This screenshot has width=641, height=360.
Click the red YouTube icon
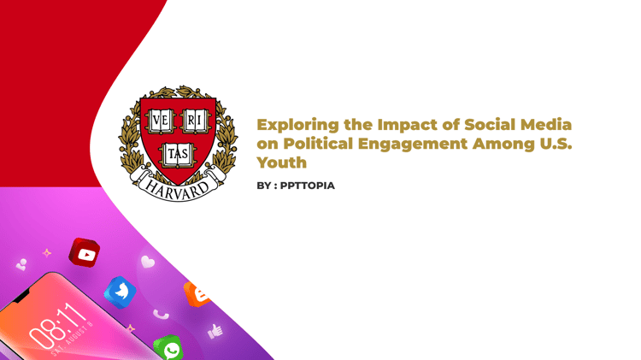(x=85, y=253)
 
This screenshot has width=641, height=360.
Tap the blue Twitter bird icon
(x=121, y=292)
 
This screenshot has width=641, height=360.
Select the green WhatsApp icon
(x=168, y=348)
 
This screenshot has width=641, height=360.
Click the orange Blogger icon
(x=197, y=293)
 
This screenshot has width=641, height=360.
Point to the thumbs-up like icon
(x=215, y=331)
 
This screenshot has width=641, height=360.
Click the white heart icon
(x=148, y=262)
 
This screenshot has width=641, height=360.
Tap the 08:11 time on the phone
(x=57, y=326)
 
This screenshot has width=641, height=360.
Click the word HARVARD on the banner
(x=178, y=189)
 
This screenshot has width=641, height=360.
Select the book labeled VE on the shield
(x=161, y=121)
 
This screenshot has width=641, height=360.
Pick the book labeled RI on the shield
(x=196, y=121)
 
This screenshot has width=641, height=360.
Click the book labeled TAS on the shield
(x=178, y=155)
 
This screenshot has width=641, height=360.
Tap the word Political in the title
(x=318, y=144)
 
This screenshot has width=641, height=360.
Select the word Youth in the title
(x=282, y=162)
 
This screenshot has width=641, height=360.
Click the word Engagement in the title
(x=413, y=145)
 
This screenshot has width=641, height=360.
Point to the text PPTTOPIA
(x=308, y=186)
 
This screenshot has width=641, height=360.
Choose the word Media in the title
(x=546, y=125)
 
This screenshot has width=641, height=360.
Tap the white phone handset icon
(x=161, y=314)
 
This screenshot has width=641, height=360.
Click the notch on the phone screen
(x=21, y=295)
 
